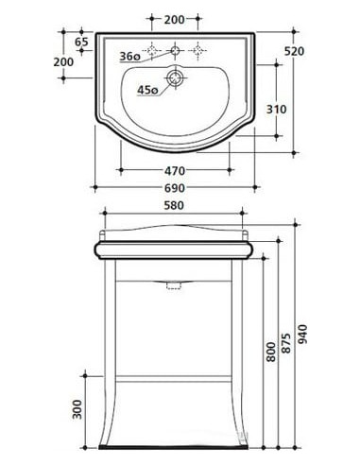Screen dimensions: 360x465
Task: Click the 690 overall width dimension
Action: (175, 188)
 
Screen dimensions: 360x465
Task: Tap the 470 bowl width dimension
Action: (175, 171)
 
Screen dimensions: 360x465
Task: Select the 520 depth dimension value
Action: (294, 51)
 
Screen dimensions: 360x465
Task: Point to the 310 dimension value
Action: (277, 110)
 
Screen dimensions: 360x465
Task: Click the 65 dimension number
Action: (81, 42)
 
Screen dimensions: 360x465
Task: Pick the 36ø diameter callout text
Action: (129, 57)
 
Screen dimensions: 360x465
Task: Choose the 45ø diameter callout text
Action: (147, 90)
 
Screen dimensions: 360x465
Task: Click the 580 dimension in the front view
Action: (174, 205)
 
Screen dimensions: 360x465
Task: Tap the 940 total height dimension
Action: (302, 335)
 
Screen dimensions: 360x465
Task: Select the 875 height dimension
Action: (286, 342)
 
